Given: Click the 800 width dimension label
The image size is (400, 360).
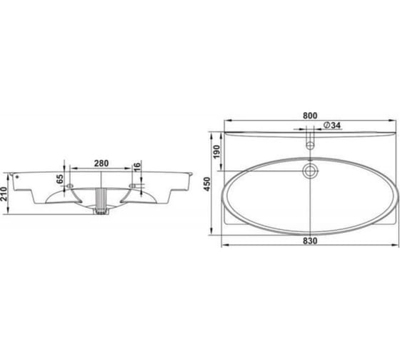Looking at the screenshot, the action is point(310,116).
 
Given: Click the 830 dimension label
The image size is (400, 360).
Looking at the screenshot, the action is point(310,241).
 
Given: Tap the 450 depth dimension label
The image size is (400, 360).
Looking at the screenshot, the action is point(207,184).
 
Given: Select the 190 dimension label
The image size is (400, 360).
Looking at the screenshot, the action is point(216,151).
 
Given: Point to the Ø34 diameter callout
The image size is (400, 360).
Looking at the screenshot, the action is point(331,125).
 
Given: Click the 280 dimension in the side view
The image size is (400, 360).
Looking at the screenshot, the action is point(101,163).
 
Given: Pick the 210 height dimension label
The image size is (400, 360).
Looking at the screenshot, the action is point(4,194).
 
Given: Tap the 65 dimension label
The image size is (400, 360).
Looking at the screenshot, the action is point(59,179).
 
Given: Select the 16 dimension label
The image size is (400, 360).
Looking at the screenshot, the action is point(137,167).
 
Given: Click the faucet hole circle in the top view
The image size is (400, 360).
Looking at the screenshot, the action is point(310,146).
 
